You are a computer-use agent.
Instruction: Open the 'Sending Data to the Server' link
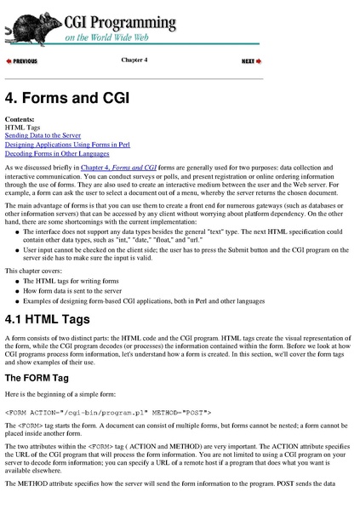pyautogui.click(x=43, y=135)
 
